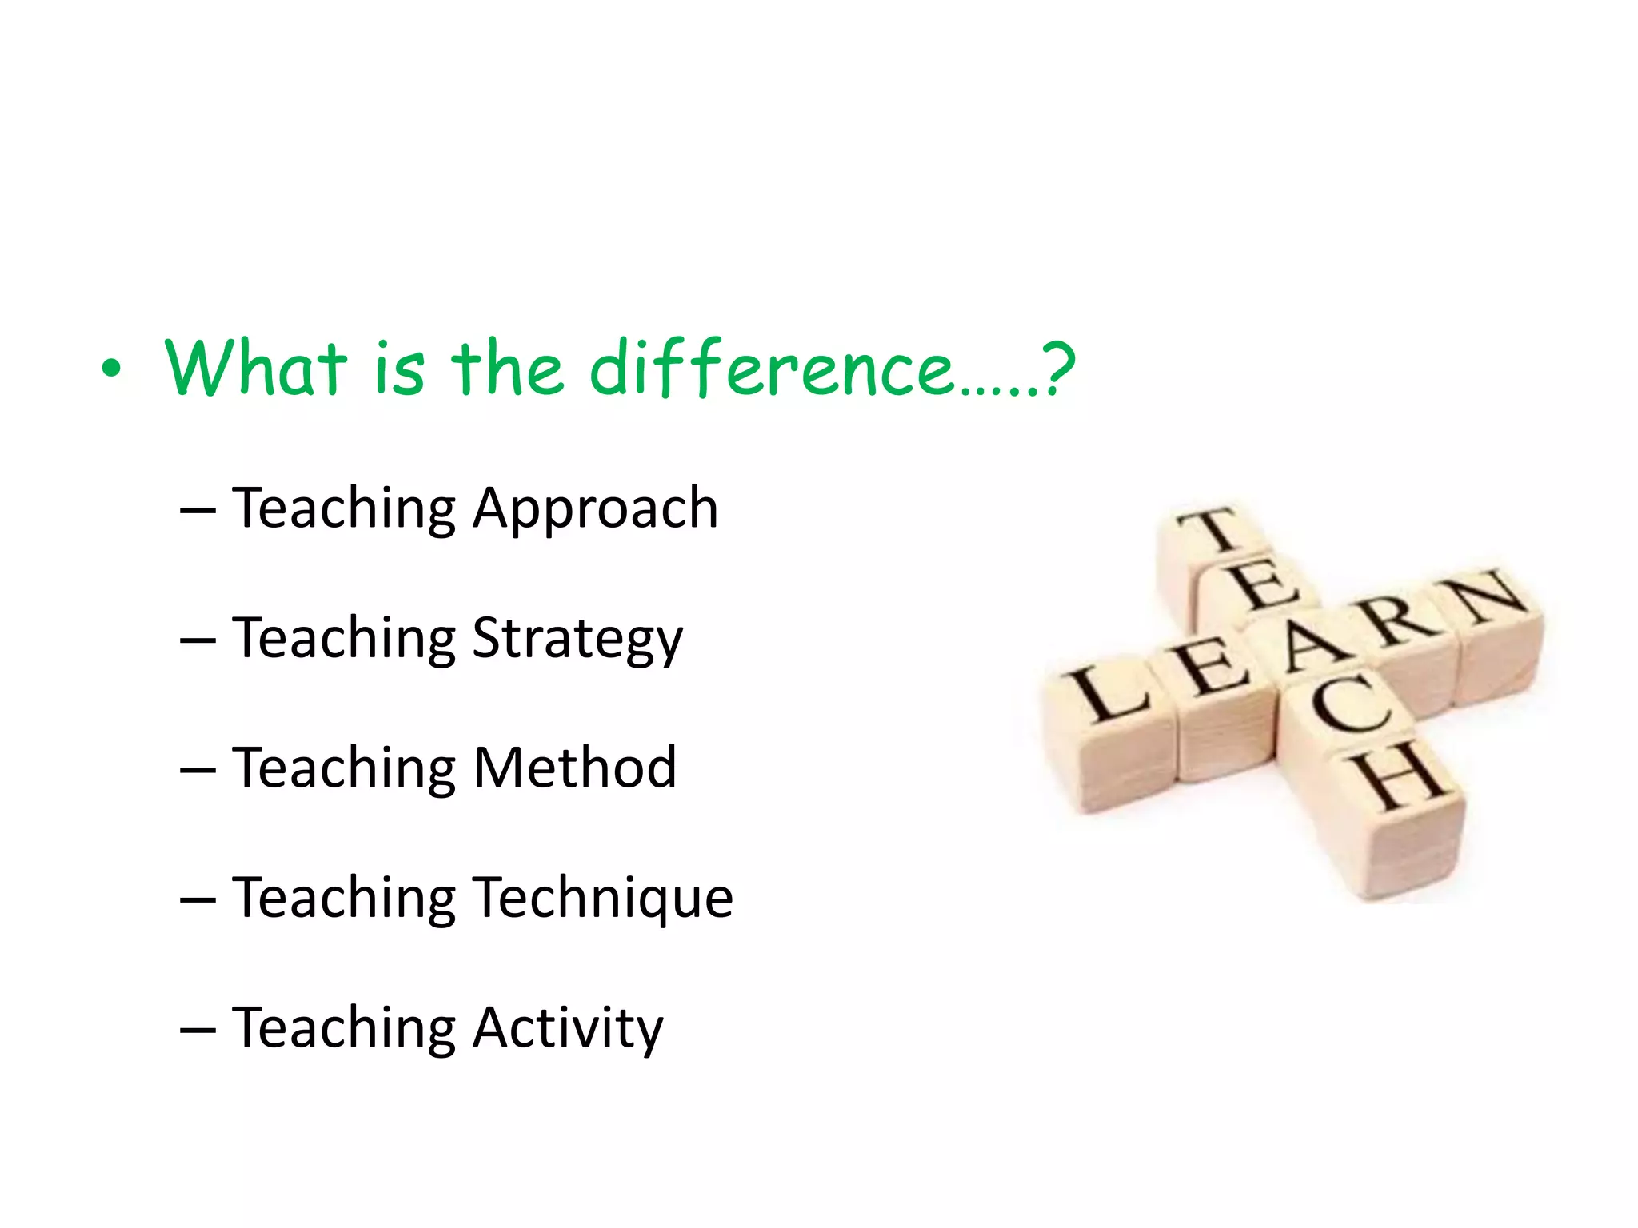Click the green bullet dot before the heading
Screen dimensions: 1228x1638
point(111,369)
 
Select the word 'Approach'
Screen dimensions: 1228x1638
point(595,509)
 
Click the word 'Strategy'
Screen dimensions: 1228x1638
point(577,640)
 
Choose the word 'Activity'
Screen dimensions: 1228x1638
point(568,1028)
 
